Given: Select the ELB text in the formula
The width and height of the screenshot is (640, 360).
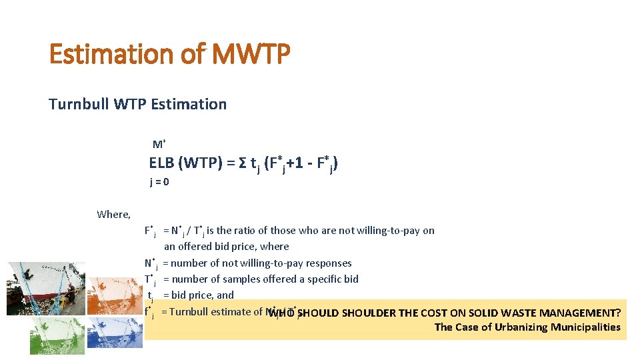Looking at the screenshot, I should tap(161, 163).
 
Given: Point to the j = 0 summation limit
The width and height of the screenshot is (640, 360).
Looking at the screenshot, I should tap(159, 182).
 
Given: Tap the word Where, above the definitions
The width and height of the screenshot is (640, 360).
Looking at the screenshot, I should tap(113, 214).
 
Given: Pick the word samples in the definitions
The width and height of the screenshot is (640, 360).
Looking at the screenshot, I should tap(243, 279).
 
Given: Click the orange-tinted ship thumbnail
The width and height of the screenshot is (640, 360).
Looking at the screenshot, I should tap(115, 295).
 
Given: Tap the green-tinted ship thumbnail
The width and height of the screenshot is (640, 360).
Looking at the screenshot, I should tap(57, 335).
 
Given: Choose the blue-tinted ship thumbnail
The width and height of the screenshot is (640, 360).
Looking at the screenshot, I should tap(115, 333).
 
